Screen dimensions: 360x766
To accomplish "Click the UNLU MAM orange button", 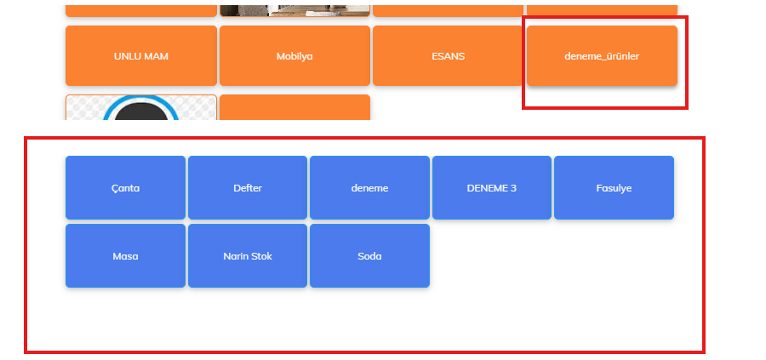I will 141,56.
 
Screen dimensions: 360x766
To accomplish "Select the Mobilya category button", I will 294,56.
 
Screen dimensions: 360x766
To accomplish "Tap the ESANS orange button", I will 448,56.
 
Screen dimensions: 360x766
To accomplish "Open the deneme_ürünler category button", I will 602,56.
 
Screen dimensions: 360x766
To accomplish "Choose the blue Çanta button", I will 125,188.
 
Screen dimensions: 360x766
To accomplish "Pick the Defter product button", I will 247,188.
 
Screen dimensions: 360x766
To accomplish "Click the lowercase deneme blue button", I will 369,188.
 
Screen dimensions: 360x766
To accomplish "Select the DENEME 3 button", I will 492,188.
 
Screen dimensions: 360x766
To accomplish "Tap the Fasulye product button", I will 614,188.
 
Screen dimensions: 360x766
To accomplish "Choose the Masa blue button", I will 125,256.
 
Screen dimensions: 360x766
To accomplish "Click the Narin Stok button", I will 247,256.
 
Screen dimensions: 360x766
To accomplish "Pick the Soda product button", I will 369,256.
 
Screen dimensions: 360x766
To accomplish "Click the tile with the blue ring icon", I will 141,108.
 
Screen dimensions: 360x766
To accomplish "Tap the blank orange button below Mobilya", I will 294,107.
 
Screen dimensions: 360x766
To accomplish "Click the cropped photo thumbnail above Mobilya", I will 294,9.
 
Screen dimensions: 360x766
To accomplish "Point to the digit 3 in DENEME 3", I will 513,188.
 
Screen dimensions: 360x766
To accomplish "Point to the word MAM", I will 157,56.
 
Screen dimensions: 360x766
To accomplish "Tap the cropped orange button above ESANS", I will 448,9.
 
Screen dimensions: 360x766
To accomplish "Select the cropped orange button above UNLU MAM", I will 141,9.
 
